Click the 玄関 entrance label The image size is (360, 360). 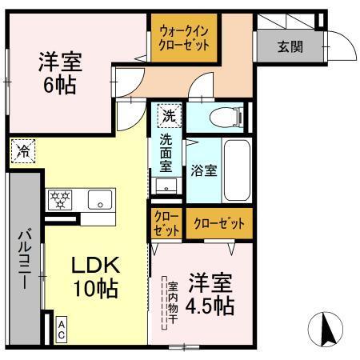(290, 46)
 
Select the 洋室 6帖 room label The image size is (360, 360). (60, 72)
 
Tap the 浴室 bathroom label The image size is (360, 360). (202, 170)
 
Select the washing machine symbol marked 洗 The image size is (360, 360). (168, 115)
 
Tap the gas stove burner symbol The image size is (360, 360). (59, 199)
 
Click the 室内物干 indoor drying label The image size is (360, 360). (170, 302)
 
